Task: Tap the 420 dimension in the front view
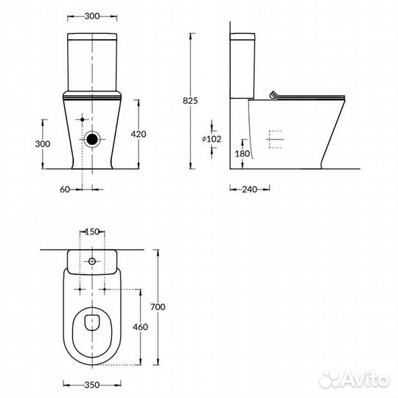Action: (149, 134)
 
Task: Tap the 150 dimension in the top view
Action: (92, 232)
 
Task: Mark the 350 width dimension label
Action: (92, 384)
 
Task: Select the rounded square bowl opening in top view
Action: (92, 321)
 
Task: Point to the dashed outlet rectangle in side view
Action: (273, 139)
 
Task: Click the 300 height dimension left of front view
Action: (43, 144)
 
